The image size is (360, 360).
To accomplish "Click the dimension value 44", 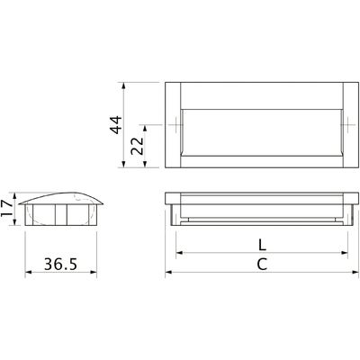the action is click(116, 124).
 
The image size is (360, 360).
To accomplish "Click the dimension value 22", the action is click(138, 146).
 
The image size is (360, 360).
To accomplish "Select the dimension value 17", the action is click(6, 208).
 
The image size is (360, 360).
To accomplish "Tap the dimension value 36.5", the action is click(61, 264).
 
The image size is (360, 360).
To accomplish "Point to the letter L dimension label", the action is click(262, 246).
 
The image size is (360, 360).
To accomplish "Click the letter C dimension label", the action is click(262, 265).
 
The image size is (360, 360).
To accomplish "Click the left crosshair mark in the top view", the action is click(175, 124).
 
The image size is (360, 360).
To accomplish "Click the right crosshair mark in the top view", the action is click(347, 124).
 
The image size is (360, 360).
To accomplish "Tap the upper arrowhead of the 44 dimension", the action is click(123, 85).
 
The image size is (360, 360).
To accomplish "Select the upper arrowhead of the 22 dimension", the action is click(145, 129).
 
